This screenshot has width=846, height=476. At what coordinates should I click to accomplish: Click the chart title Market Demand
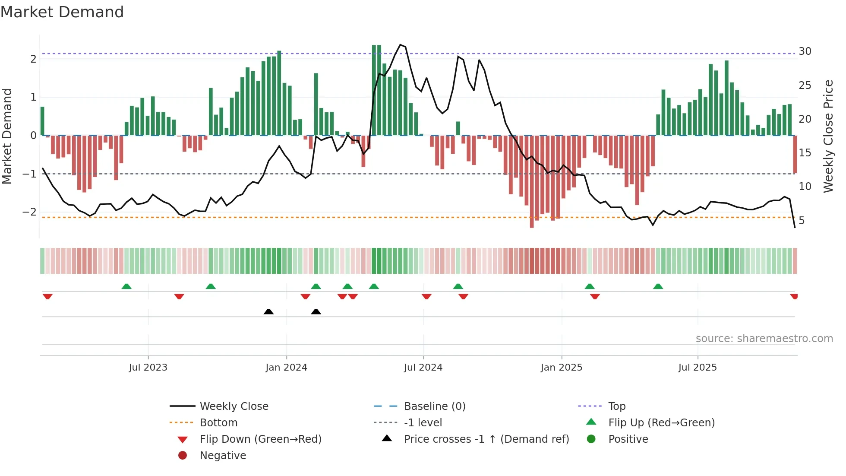tap(62, 12)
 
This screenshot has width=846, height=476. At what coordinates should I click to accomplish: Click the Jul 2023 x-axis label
tap(148, 368)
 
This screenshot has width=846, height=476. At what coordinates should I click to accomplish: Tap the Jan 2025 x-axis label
tap(561, 368)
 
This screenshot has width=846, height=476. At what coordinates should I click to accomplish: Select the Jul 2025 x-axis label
tap(698, 368)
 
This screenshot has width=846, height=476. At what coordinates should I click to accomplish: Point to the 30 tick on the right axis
tap(805, 51)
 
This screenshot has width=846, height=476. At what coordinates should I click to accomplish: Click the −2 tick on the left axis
tap(30, 212)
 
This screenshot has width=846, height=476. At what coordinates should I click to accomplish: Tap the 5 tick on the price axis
tap(802, 221)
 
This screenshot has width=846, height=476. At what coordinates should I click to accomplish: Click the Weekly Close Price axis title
tap(828, 136)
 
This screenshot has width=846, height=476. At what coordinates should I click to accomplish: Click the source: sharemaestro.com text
tap(764, 339)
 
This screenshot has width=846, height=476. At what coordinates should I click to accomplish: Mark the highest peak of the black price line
tap(401, 44)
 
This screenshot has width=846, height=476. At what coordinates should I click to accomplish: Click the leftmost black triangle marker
tap(268, 311)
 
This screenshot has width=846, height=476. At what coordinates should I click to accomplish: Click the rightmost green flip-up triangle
tap(658, 286)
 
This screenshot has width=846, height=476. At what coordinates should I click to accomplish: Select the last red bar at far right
tap(795, 154)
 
